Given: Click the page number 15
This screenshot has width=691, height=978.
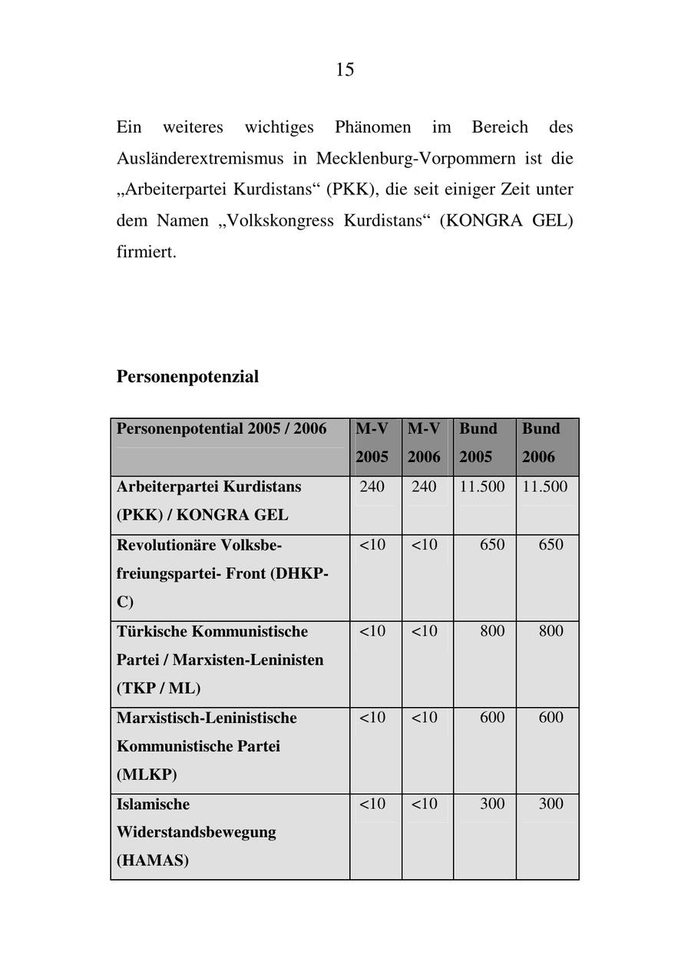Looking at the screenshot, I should point(345,70).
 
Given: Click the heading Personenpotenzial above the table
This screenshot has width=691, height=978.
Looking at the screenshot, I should point(187,376).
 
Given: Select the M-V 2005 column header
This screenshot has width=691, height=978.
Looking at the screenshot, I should point(372,443).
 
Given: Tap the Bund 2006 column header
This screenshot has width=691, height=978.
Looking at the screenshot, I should point(541,443).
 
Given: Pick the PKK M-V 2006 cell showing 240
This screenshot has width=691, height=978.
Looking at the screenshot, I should point(424,487).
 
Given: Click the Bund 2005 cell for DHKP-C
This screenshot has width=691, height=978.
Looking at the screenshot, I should point(492,545).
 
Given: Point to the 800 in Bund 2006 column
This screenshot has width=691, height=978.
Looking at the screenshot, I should point(550,631).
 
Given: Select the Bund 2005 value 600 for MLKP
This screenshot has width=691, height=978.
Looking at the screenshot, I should point(492,717).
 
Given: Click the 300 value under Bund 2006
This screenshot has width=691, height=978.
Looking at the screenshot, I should point(550,804).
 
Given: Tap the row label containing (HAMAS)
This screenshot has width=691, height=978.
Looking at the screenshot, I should point(152,861).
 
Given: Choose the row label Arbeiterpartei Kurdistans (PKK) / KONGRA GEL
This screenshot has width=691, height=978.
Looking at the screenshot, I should point(208,501).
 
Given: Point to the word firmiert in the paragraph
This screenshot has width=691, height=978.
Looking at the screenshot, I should point(146,251).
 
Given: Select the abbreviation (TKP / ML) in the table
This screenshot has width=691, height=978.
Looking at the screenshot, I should point(158,688).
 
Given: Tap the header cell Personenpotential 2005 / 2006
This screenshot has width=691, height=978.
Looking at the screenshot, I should point(221,429).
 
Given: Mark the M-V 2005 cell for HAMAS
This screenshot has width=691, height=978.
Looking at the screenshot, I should point(372,804).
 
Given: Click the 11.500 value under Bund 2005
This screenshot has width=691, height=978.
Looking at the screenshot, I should point(482,487).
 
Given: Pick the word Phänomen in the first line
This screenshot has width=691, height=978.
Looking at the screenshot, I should point(372,127).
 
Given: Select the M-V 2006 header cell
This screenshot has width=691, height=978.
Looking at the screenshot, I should point(424,443).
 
